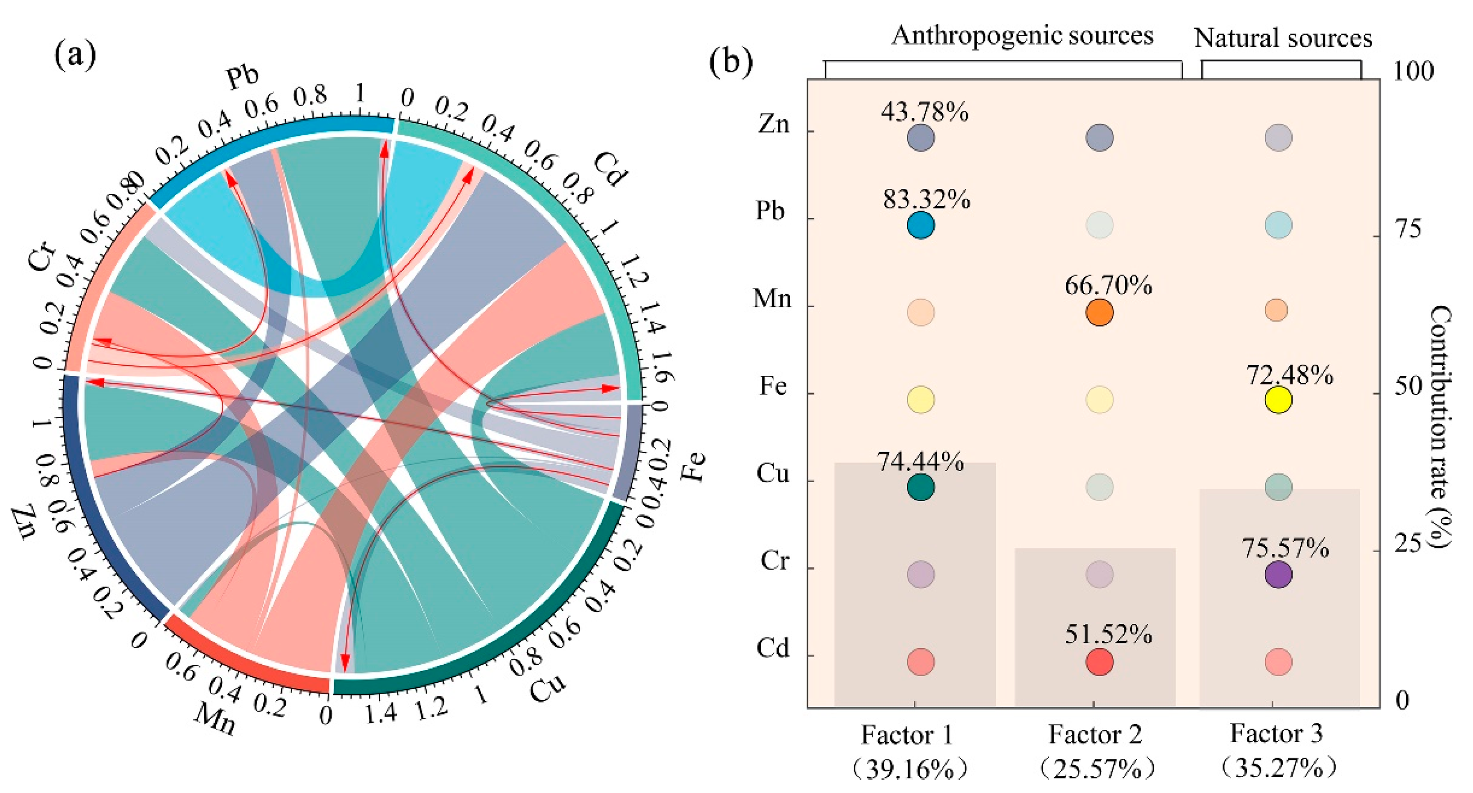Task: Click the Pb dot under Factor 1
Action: click(x=921, y=225)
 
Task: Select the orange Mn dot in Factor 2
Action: click(x=1099, y=313)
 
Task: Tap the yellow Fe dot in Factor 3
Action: click(x=1278, y=400)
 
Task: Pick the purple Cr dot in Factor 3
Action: click(x=1278, y=574)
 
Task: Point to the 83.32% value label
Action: click(x=926, y=200)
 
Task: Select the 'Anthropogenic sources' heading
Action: click(x=1022, y=35)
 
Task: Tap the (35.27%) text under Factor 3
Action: click(x=1277, y=768)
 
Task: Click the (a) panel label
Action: click(x=75, y=56)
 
